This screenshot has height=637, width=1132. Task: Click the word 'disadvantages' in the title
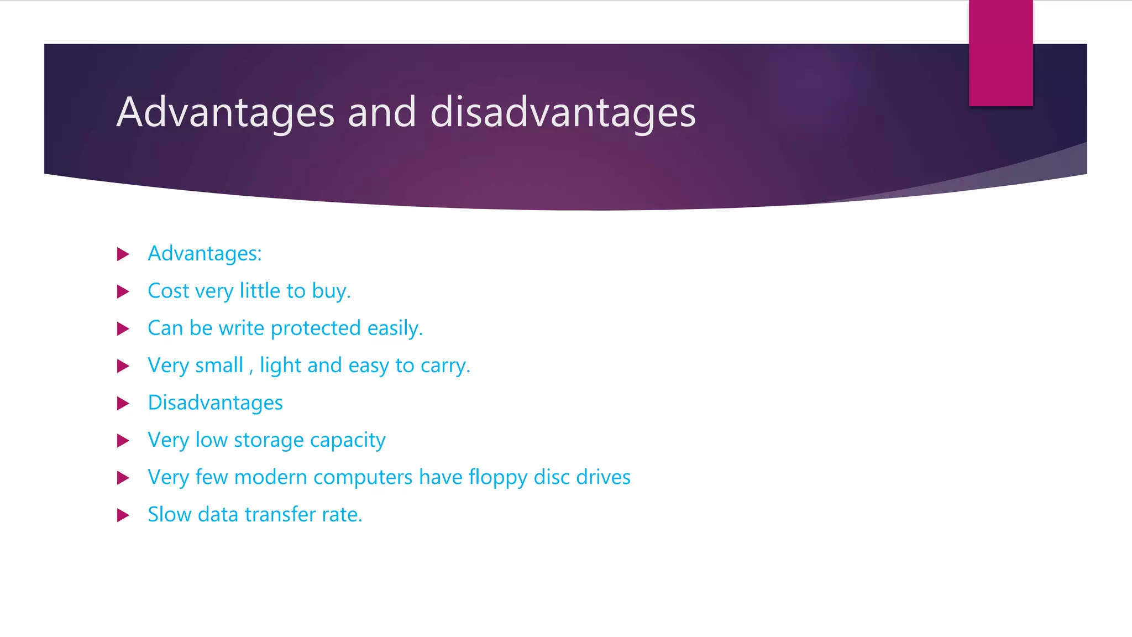(562, 112)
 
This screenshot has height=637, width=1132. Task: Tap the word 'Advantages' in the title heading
(226, 112)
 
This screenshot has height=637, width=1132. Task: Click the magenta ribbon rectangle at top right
(1000, 53)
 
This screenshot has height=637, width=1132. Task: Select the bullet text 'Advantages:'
(205, 254)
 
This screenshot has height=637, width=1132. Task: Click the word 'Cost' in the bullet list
(169, 291)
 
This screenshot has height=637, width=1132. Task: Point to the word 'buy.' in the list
(331, 291)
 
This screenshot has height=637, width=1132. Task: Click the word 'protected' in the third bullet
(316, 328)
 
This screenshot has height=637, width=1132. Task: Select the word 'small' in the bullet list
(219, 366)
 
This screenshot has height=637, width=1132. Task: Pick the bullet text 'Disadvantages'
(215, 403)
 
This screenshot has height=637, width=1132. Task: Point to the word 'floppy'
(498, 478)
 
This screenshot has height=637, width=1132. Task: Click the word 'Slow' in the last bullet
(169, 515)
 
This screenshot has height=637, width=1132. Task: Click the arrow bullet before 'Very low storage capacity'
(123, 441)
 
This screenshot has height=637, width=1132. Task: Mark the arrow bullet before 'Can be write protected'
(123, 329)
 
